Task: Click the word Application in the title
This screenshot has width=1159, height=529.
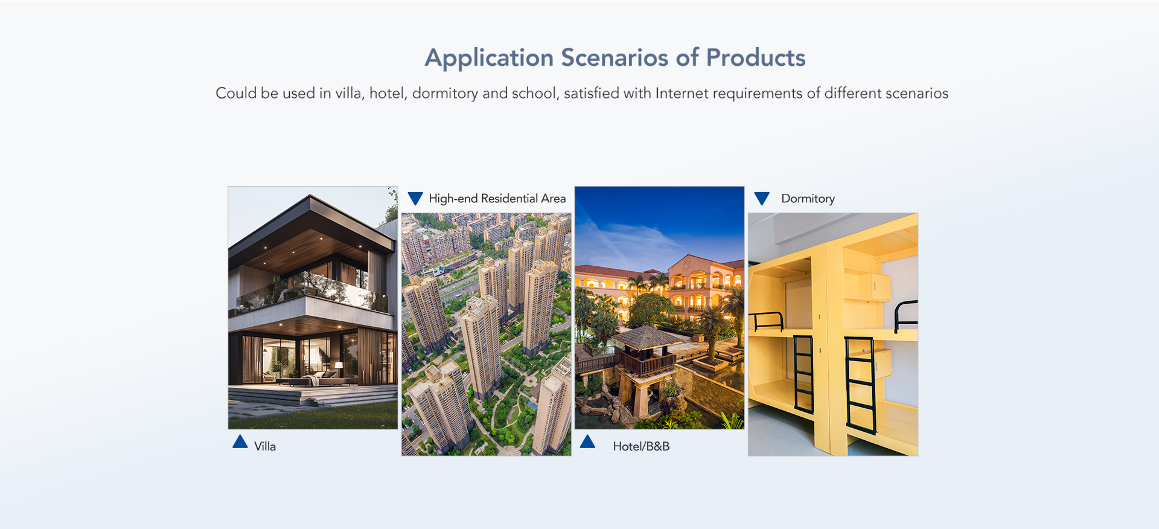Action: tap(489, 59)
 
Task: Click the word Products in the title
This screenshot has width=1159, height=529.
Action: tap(756, 57)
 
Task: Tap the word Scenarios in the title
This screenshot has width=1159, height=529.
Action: tap(615, 57)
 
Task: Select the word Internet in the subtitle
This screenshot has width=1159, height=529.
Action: tap(682, 93)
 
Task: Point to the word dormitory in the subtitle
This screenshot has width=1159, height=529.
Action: tap(445, 94)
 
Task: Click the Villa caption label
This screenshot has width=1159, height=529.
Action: tap(265, 446)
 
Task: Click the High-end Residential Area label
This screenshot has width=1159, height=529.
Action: tap(497, 199)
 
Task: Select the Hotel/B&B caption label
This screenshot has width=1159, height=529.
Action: tap(641, 446)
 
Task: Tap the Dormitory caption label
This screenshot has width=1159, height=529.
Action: tap(808, 199)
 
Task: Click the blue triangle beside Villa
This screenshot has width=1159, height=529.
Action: tap(240, 442)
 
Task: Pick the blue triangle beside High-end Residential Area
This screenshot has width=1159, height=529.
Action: tap(415, 198)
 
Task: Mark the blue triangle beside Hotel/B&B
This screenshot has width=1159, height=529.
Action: tap(587, 442)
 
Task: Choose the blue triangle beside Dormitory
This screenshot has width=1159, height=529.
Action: tap(762, 198)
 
